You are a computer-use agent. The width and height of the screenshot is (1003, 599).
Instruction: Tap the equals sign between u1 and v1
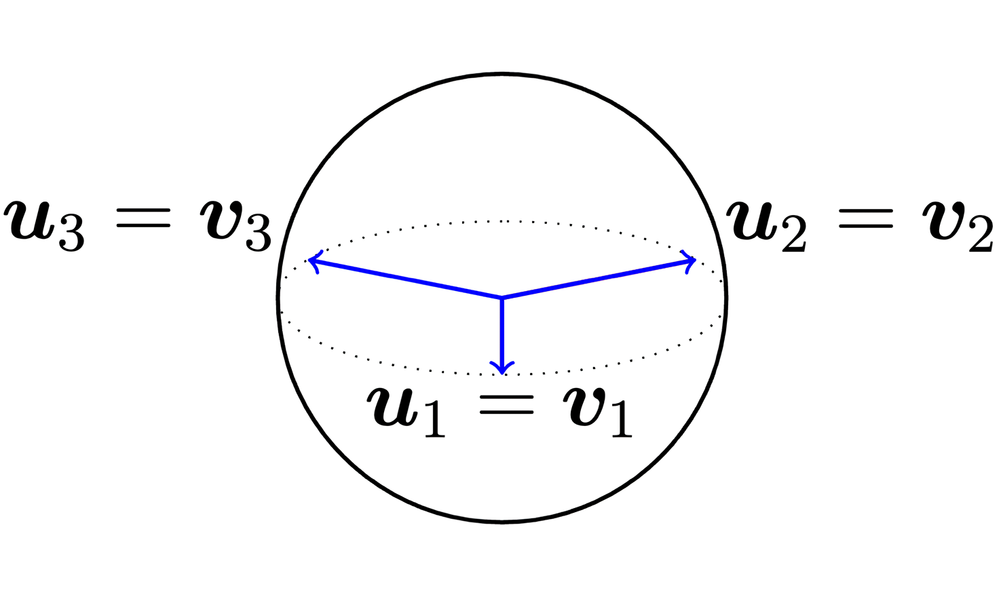point(506,406)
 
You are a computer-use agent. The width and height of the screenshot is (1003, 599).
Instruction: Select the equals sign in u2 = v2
point(865,218)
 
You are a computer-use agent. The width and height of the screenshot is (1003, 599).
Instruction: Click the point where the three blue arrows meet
point(501,298)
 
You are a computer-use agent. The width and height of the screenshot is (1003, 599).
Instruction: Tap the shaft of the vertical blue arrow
point(501,332)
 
